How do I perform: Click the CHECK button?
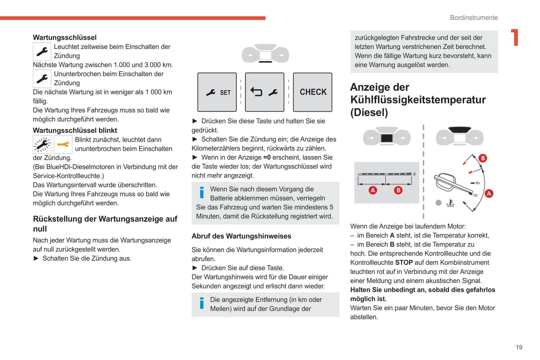313,92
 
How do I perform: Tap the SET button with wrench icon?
217,92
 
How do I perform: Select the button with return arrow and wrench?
265,92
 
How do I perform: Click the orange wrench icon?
63,145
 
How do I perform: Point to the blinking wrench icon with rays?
42,145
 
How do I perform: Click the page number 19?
519,347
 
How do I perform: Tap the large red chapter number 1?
515,37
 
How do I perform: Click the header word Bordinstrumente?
474,18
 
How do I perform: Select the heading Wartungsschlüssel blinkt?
75,130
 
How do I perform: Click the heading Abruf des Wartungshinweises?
241,236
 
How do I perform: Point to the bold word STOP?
404,263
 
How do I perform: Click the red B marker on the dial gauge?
483,158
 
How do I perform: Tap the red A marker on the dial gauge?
489,193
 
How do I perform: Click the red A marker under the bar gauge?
373,190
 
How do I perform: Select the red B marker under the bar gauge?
398,190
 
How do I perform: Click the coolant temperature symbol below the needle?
451,203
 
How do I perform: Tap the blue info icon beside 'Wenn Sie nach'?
202,192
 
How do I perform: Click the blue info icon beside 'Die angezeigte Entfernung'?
202,303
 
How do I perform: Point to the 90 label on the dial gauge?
477,183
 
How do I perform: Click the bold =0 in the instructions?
267,158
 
